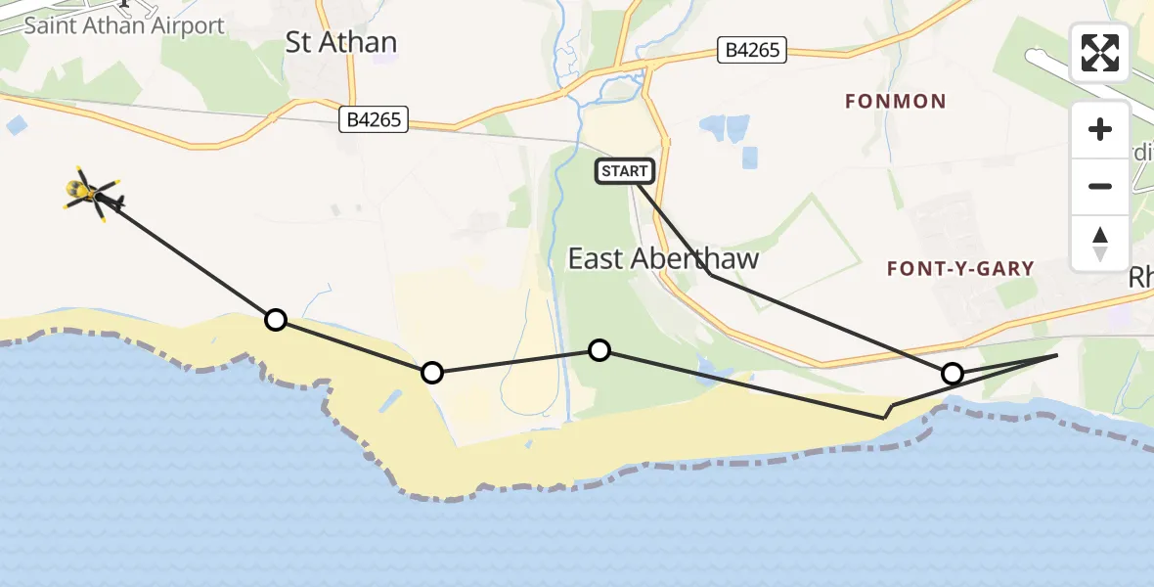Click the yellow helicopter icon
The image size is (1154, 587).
tap(93, 193)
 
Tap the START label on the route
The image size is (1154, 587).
tap(625, 171)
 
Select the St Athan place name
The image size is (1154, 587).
tap(341, 42)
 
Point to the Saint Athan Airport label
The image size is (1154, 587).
tap(124, 25)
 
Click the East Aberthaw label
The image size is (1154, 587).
tap(664, 258)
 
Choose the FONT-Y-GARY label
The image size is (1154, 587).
tap(959, 268)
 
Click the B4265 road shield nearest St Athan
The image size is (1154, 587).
tap(373, 120)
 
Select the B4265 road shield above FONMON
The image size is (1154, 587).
tap(753, 50)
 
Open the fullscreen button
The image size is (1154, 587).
tap(1100, 54)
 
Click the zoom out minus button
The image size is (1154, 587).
tap(1100, 186)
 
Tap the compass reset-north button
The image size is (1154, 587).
tap(1100, 243)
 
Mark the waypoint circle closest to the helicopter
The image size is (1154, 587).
tap(276, 319)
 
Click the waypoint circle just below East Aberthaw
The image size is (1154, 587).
tap(599, 350)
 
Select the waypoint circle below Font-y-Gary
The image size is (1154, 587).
tap(952, 373)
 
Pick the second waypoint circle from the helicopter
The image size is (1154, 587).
tap(431, 372)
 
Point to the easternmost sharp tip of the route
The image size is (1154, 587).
tap(1057, 355)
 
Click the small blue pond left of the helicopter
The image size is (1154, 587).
tap(16, 125)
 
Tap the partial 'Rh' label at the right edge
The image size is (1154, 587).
tap(1140, 277)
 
